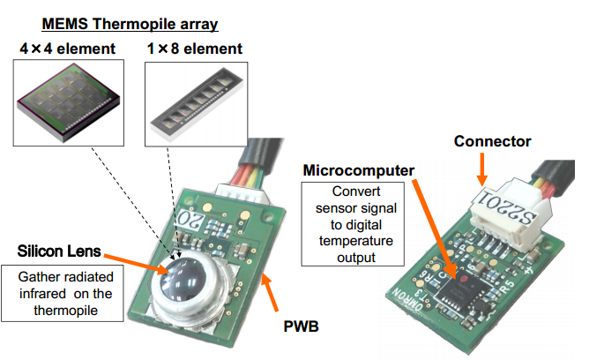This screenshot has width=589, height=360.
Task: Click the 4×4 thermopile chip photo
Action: pos(70,100)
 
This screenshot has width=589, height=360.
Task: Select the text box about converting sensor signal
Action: pos(352,223)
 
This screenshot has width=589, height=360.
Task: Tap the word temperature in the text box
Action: pos(352,242)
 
